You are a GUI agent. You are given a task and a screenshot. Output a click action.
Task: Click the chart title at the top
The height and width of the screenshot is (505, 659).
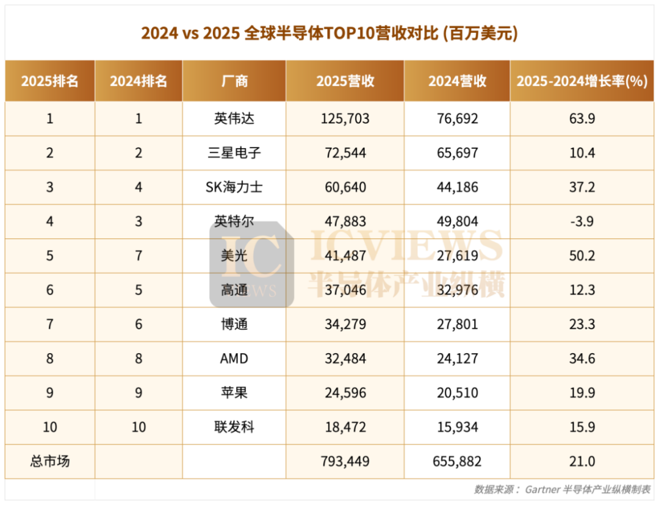[329, 32]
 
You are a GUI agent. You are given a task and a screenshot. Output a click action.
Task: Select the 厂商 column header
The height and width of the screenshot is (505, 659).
[234, 81]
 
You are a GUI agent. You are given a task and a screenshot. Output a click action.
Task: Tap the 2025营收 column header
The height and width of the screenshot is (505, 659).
[345, 81]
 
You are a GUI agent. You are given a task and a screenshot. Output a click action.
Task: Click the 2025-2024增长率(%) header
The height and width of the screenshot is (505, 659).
[582, 81]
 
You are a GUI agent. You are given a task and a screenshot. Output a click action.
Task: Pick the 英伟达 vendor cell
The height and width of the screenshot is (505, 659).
[234, 118]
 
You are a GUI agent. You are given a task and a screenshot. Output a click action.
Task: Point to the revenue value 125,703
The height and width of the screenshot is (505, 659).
[345, 118]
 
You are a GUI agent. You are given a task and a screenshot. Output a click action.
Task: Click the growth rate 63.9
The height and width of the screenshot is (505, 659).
[582, 118]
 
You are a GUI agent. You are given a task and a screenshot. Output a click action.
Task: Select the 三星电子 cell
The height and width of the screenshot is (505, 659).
[234, 152]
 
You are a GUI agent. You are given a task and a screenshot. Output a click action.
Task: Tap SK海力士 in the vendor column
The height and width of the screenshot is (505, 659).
[234, 187]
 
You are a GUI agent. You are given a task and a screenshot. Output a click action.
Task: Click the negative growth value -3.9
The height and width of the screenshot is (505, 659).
[582, 221]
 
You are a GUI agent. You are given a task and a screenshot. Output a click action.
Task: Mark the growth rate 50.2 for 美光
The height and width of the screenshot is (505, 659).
[582, 256]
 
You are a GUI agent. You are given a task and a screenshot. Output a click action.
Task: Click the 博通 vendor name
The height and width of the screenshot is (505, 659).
[234, 324]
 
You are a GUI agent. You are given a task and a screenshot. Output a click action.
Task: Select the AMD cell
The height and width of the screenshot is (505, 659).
[234, 358]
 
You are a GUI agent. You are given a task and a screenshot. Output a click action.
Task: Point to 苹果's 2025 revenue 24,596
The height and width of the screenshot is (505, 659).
[345, 393]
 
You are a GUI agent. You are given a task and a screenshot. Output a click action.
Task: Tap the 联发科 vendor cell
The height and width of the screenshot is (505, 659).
[234, 427]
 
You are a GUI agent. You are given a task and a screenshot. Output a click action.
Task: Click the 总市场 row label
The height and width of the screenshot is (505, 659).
[49, 461]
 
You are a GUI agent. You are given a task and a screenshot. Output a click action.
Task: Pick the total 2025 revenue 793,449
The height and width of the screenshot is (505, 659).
[345, 461]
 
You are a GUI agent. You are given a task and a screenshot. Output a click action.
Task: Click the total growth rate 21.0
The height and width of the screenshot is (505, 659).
[582, 461]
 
